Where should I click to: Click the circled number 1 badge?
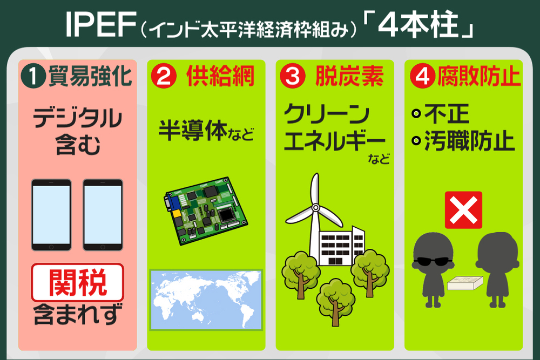click(x=33, y=77)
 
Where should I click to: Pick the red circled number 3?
click(x=292, y=77)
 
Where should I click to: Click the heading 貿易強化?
click(x=90, y=77)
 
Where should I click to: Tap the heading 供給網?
click(x=220, y=77)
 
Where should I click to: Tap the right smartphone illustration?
click(x=103, y=214)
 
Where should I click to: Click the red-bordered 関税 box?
click(x=77, y=282)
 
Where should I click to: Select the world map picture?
click(x=206, y=300)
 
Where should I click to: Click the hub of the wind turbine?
click(x=313, y=211)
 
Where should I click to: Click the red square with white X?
click(x=463, y=209)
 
